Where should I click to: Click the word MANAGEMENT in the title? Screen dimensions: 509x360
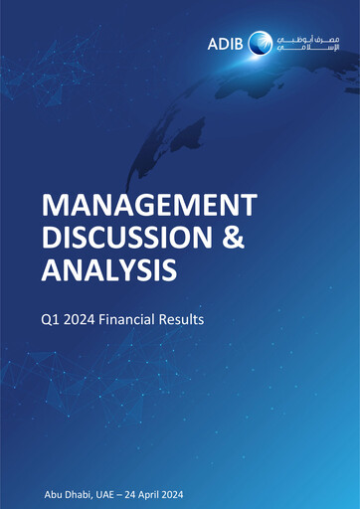tap(148, 205)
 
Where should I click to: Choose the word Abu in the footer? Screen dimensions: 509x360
tap(55, 494)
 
